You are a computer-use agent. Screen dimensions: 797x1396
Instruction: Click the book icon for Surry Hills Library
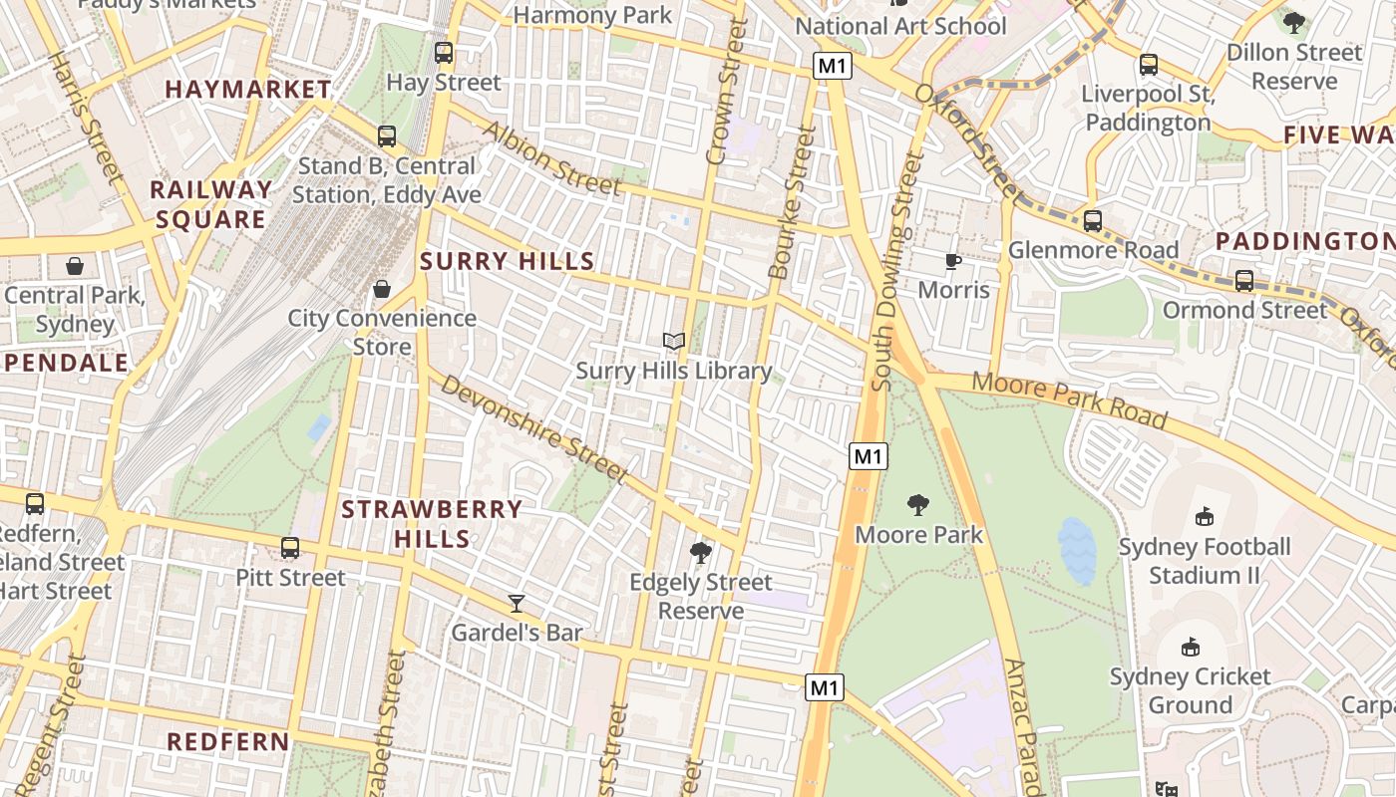pos(674,342)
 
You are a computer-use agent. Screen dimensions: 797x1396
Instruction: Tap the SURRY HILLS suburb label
pos(508,262)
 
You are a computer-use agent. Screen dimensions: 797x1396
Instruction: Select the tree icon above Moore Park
pos(918,505)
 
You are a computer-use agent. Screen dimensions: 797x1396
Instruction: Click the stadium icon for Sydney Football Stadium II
pos(1204,517)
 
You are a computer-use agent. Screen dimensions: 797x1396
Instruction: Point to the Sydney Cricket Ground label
pos(1190,690)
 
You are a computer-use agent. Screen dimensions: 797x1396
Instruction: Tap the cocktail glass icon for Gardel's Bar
pos(517,603)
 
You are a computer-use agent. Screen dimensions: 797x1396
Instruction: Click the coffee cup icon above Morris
pos(953,261)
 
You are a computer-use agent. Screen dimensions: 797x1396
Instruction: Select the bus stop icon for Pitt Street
pos(290,548)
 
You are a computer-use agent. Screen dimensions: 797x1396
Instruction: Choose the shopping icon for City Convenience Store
pos(381,289)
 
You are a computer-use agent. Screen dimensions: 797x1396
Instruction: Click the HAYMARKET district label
pos(248,90)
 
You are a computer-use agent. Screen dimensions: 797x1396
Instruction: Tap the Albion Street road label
pos(551,158)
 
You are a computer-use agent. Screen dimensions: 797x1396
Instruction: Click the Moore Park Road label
pos(1069,398)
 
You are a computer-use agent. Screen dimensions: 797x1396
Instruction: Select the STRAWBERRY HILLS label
pos(432,524)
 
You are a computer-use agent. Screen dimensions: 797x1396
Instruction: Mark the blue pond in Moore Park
pos(1077,550)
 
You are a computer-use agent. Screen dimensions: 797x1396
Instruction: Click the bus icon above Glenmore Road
pos(1093,221)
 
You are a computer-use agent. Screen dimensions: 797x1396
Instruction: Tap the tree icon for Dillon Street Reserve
pos(1294,22)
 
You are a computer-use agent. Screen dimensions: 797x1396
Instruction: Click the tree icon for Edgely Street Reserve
pos(701,552)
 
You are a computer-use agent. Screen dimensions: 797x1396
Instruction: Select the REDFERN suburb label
pos(228,742)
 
